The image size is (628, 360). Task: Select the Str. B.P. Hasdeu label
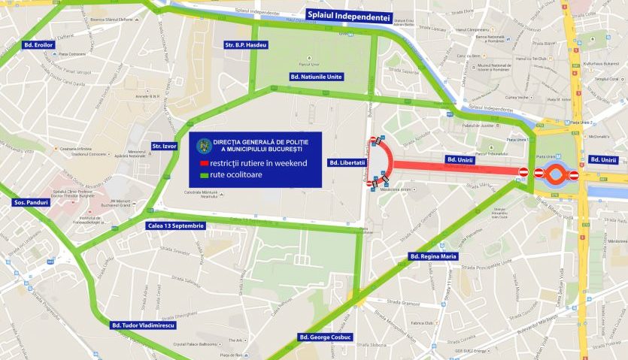pos(245,46)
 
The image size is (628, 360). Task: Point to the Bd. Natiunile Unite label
pos(316,77)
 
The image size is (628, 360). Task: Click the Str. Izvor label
pos(163,145)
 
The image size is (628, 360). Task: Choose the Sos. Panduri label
pos(32,203)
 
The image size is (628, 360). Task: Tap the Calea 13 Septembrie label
pos(174,225)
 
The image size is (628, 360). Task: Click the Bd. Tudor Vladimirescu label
pos(142,325)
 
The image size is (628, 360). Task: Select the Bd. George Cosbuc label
pos(326,336)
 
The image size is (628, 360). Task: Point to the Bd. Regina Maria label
pos(433,256)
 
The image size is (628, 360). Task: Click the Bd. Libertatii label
pos(347,162)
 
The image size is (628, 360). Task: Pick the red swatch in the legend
pos(203,163)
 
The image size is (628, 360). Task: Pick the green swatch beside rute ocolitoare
pos(203,176)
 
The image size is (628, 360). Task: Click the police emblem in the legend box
pos(202,143)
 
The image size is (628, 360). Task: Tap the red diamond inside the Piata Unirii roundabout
pos(556,174)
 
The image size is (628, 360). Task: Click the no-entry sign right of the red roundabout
pos(574,175)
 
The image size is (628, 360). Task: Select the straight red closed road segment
pos(451,167)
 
